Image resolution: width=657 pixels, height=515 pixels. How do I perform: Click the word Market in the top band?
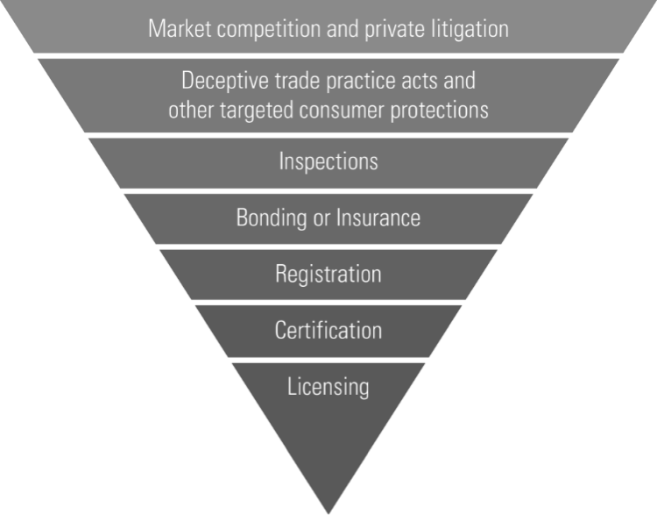pos(180,29)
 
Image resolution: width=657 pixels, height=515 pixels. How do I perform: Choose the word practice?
pos(360,80)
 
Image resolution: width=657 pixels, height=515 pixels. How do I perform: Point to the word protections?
pos(439,111)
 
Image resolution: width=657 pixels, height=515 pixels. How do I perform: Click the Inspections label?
pos(328,161)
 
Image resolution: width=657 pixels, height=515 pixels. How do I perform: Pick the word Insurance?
pos(378,218)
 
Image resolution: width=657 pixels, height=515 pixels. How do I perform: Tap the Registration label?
pos(328,274)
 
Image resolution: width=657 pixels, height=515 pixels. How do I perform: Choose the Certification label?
pos(328,330)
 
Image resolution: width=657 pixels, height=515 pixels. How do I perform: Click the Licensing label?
pos(328,387)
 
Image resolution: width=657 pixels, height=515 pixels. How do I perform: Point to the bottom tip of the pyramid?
pos(328,514)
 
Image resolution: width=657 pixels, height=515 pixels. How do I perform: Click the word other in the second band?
pos(191,110)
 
